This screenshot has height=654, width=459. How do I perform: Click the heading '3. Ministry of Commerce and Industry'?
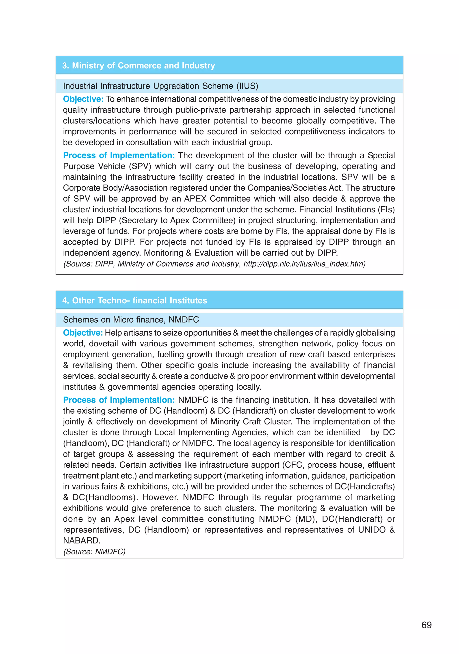click(x=138, y=65)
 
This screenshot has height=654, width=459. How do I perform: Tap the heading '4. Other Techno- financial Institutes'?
click(x=134, y=300)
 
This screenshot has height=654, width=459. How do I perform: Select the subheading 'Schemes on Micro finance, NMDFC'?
click(x=131, y=319)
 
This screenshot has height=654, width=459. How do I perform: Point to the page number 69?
click(x=426, y=625)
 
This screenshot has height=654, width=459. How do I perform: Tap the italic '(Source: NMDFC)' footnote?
click(x=94, y=552)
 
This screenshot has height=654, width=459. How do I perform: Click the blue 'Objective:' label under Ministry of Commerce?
click(x=83, y=99)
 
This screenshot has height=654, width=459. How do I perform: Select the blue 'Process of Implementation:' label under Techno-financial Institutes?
click(x=119, y=400)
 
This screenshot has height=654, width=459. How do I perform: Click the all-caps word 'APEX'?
click(x=196, y=199)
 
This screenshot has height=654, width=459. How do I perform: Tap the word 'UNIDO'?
click(x=372, y=530)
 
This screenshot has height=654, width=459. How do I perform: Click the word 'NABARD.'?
click(x=82, y=541)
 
